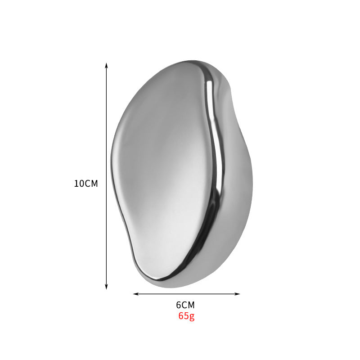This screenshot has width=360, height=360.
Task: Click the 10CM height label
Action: click(86, 184)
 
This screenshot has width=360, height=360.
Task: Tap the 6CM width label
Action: click(185, 305)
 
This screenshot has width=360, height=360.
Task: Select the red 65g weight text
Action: click(186, 315)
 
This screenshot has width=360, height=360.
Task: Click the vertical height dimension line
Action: click(106, 135)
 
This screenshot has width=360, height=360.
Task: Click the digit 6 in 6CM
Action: click(179, 305)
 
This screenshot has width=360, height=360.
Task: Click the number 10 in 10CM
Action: click(79, 184)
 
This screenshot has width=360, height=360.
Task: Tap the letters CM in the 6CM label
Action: click(189, 305)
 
